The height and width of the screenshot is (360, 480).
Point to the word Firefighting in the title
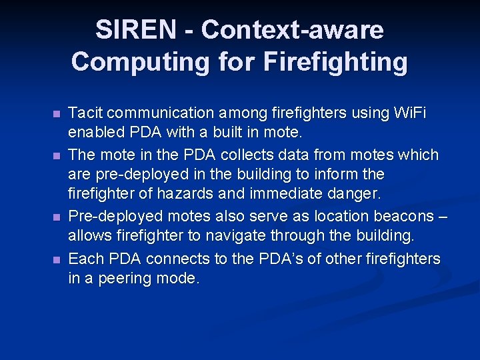(335, 61)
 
